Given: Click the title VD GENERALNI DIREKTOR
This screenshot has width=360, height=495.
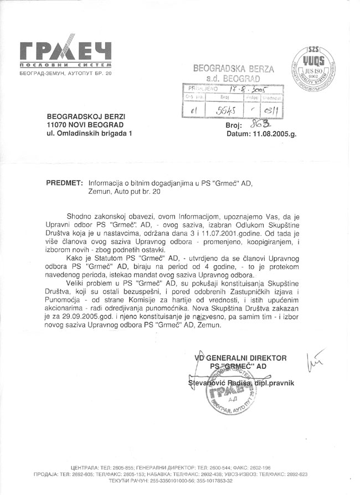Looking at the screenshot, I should [240, 358].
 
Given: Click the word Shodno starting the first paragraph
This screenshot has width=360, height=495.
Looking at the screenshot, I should [79, 215].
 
